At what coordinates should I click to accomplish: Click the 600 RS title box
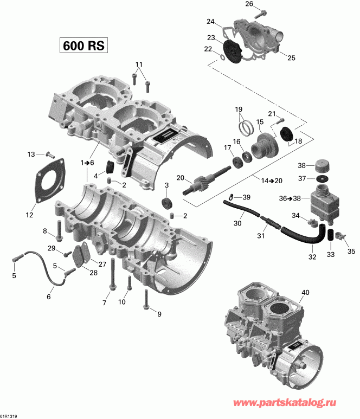click(83, 45)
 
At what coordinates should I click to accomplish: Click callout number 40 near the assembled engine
click(306, 293)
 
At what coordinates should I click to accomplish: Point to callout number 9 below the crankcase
click(159, 314)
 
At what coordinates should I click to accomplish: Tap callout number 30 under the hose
click(237, 224)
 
